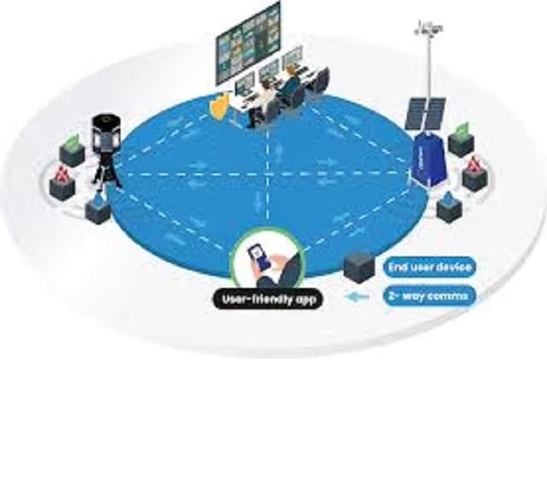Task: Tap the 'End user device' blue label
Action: (x=429, y=267)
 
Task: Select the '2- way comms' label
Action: (x=427, y=296)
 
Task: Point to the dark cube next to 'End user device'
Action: (x=358, y=267)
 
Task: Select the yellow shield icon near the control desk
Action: (x=220, y=105)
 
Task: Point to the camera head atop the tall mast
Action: (x=427, y=29)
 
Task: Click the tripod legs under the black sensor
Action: (x=107, y=174)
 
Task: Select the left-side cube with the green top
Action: (x=71, y=151)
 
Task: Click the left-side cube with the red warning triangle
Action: (x=62, y=183)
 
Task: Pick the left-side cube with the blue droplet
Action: (x=98, y=208)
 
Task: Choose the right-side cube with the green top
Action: (x=461, y=140)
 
